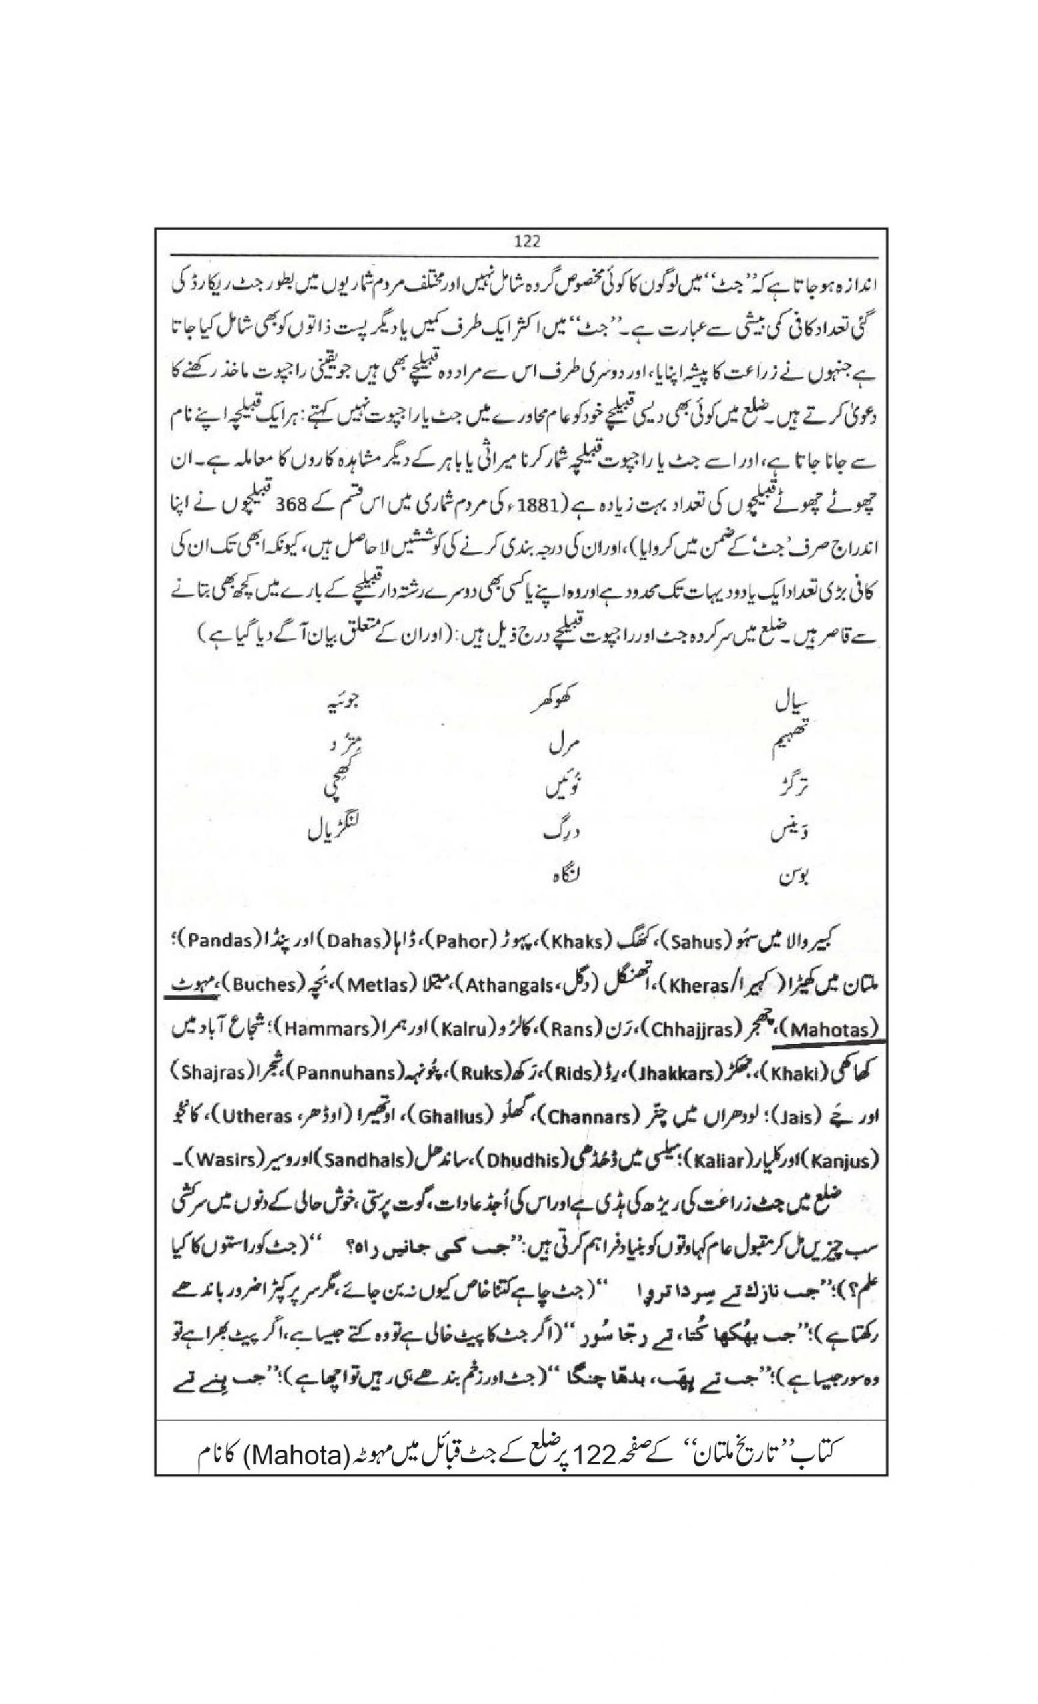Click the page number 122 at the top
pos(527,241)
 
